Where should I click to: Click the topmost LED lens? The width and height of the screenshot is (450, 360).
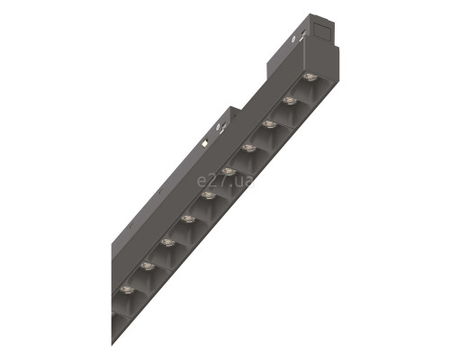[310, 77]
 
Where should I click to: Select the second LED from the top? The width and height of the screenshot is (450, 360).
[289, 101]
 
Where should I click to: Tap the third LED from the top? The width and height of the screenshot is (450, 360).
[269, 124]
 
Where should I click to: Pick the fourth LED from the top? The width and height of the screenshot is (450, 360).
[248, 148]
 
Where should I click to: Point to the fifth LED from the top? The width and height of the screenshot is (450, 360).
[229, 172]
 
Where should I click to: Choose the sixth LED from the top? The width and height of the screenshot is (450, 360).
[208, 195]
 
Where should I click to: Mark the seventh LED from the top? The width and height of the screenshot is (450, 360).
[188, 219]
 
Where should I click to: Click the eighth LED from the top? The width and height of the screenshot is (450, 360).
[167, 242]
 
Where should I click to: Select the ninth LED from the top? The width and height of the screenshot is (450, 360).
[148, 266]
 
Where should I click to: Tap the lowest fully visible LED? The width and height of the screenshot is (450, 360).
[127, 290]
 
